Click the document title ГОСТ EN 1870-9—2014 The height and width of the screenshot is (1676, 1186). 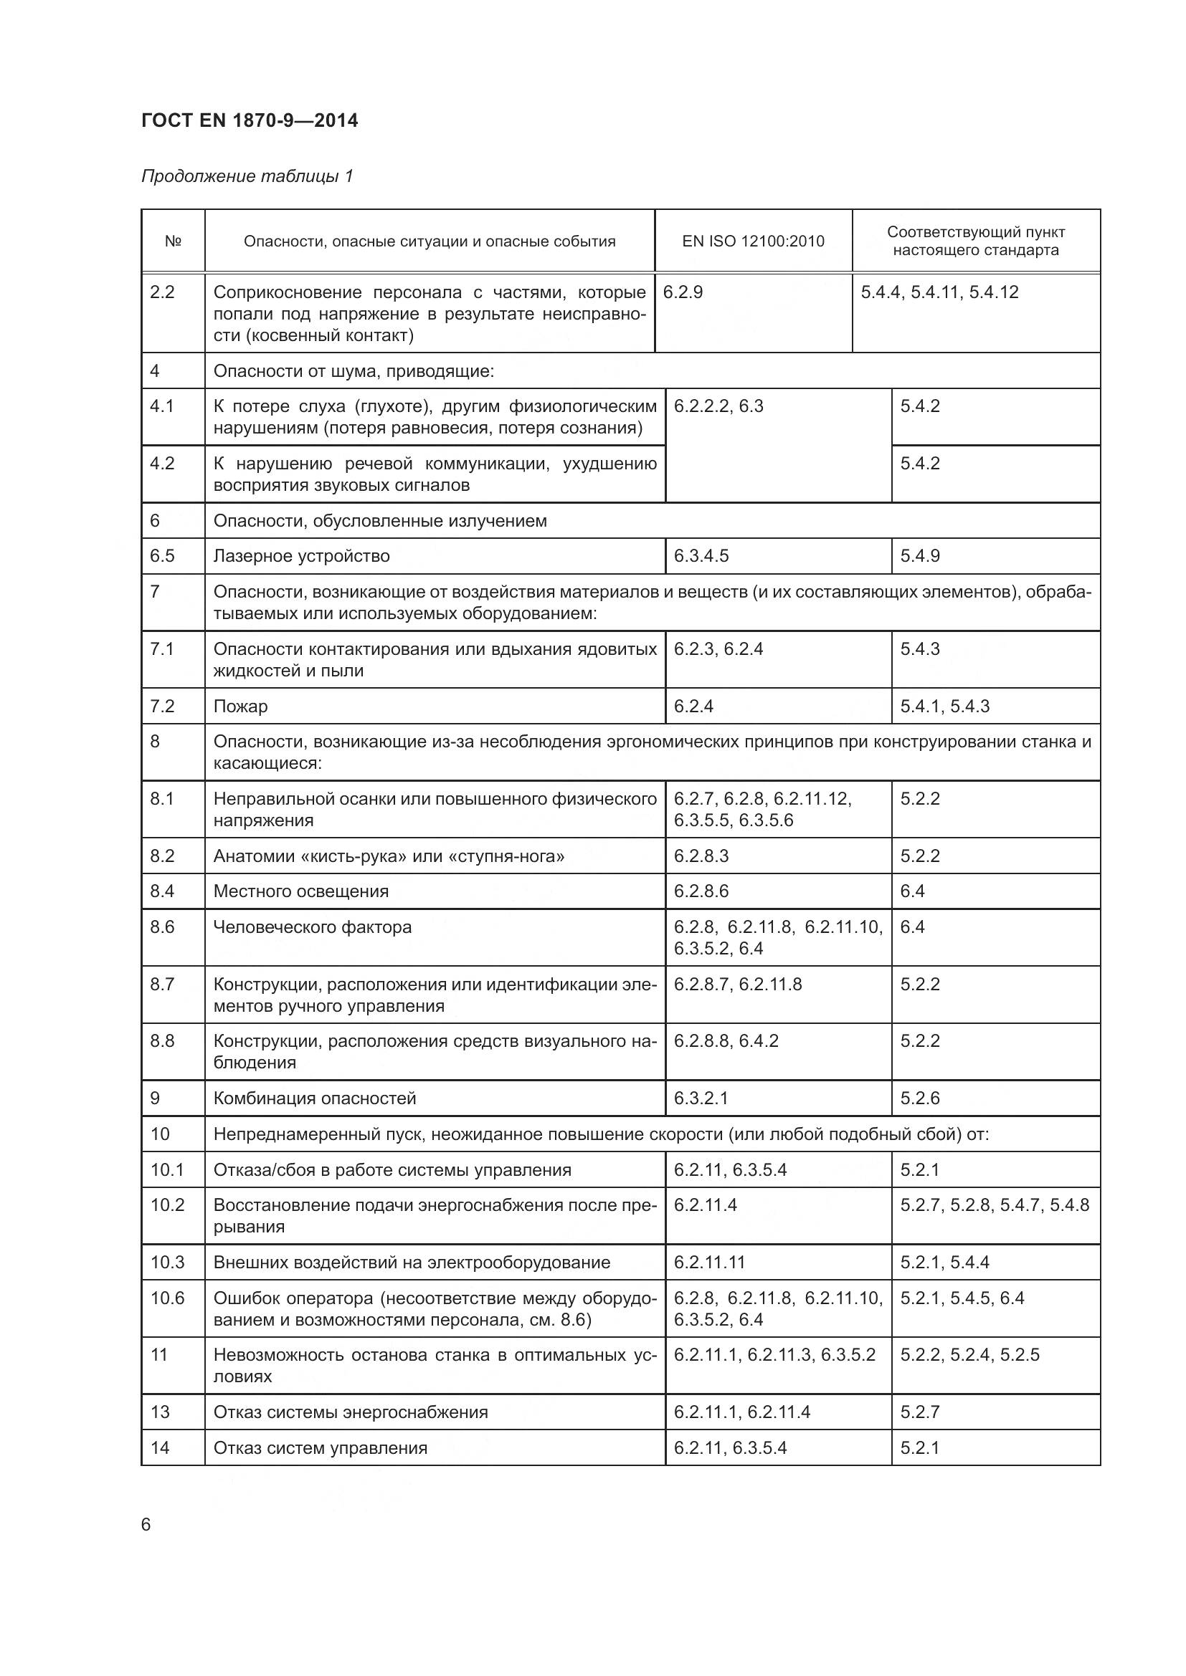(x=250, y=120)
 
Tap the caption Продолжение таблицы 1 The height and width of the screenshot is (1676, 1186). (x=247, y=176)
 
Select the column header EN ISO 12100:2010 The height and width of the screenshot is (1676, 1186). (x=753, y=241)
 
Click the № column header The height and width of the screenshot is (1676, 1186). (x=173, y=241)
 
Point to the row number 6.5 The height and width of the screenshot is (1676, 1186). (x=163, y=556)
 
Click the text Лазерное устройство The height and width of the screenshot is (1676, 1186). (x=302, y=556)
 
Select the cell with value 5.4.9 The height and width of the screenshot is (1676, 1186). (x=920, y=556)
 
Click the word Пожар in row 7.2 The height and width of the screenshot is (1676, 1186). (x=240, y=707)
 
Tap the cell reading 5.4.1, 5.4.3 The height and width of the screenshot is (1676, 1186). (x=945, y=707)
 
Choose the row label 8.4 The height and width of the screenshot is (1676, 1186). (x=163, y=891)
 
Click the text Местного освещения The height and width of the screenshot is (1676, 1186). (x=301, y=891)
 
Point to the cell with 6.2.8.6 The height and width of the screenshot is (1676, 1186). (x=701, y=891)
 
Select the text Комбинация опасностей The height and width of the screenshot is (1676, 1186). (x=315, y=1098)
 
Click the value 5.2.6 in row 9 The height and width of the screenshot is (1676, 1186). (x=920, y=1098)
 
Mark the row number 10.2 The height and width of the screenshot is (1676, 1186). (x=168, y=1205)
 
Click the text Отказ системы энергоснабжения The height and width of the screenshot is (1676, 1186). (x=351, y=1412)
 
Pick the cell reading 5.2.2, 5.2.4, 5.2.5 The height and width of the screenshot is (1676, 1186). (x=970, y=1356)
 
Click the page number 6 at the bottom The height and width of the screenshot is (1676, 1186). (x=146, y=1525)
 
